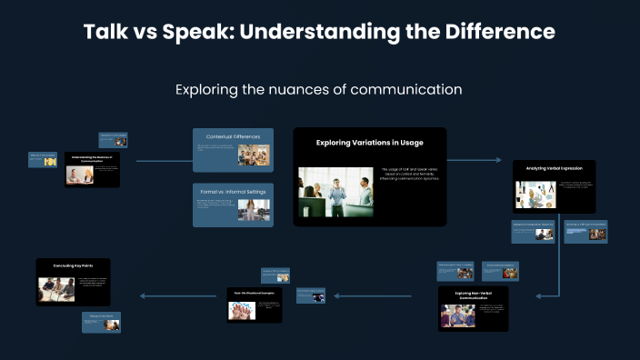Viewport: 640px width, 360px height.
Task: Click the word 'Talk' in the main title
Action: [105, 32]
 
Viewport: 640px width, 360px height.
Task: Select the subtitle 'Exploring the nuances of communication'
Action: [319, 90]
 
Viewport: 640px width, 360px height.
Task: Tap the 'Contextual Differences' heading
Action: [234, 136]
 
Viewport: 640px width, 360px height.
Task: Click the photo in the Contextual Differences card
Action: [254, 155]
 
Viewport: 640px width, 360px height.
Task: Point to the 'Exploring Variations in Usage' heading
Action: [369, 143]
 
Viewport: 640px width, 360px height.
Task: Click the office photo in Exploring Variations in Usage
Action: [335, 192]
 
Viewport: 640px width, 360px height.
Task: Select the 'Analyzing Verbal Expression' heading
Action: [554, 168]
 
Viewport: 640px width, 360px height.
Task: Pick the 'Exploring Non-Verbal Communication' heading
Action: [472, 295]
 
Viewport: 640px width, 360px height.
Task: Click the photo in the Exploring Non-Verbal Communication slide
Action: [457, 315]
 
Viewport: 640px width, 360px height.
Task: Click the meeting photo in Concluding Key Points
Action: [56, 289]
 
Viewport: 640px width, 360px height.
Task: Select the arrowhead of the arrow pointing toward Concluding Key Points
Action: [143, 295]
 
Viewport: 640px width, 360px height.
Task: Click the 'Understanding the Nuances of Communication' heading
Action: [92, 159]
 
